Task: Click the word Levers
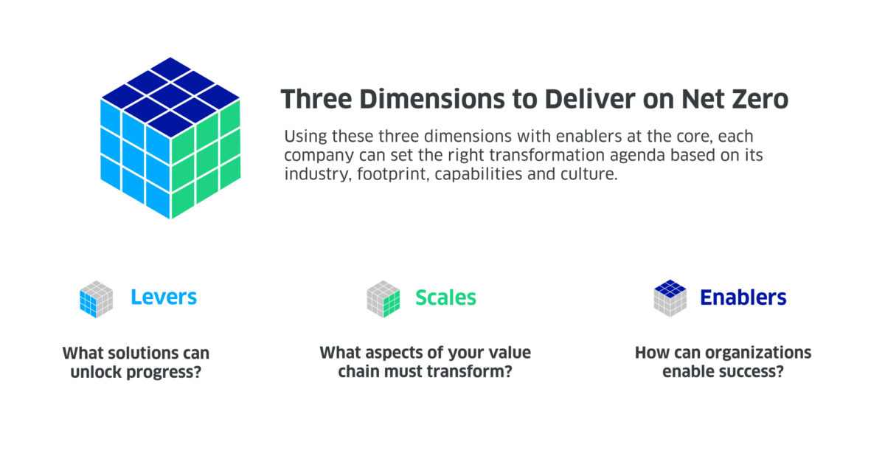[x=164, y=297]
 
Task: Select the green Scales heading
[x=445, y=297]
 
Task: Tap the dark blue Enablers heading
[x=743, y=297]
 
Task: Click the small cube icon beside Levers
[x=96, y=299]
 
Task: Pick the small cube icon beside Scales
[x=383, y=299]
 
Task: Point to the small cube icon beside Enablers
[x=670, y=298]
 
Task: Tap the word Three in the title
[x=316, y=99]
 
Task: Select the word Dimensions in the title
[x=432, y=99]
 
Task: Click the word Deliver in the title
[x=590, y=99]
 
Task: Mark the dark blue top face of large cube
[x=170, y=97]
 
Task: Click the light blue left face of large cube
[x=136, y=158]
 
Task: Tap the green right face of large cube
[x=206, y=158]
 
